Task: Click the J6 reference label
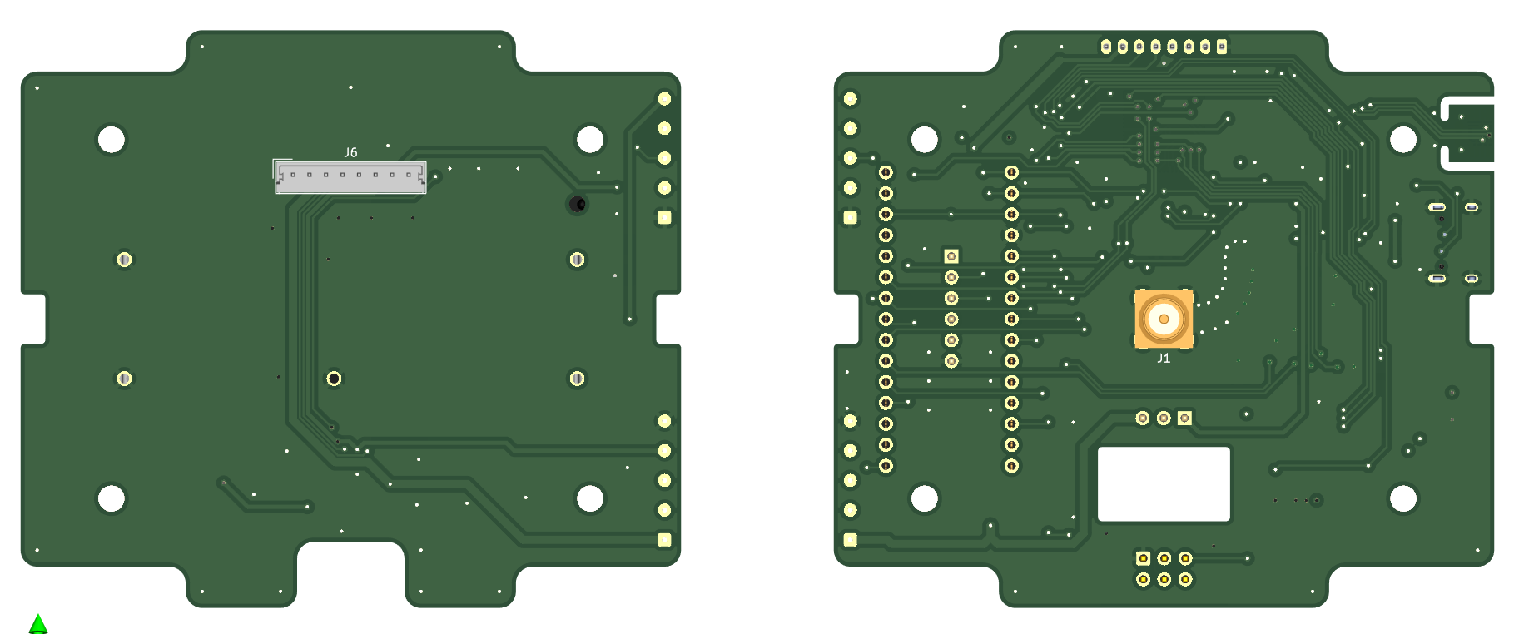pyautogui.click(x=350, y=152)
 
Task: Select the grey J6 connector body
pyautogui.click(x=350, y=177)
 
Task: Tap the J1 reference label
pyautogui.click(x=1164, y=358)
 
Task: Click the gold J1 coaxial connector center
pyautogui.click(x=1164, y=319)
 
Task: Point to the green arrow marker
pyautogui.click(x=38, y=624)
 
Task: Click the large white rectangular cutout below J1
pyautogui.click(x=1164, y=484)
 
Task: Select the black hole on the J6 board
pyautogui.click(x=578, y=204)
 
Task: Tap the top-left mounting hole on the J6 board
pyautogui.click(x=112, y=140)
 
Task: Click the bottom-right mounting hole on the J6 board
pyautogui.click(x=590, y=498)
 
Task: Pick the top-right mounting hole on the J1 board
pyautogui.click(x=1403, y=140)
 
